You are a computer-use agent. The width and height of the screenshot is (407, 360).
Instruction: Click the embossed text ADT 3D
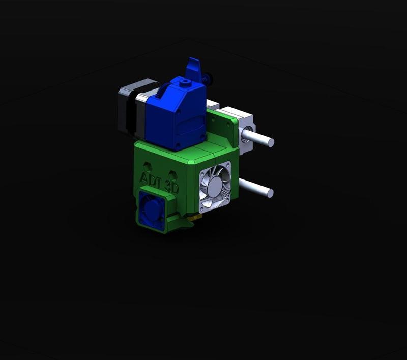tap(159, 182)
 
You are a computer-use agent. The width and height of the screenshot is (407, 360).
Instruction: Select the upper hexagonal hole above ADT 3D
tap(148, 166)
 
